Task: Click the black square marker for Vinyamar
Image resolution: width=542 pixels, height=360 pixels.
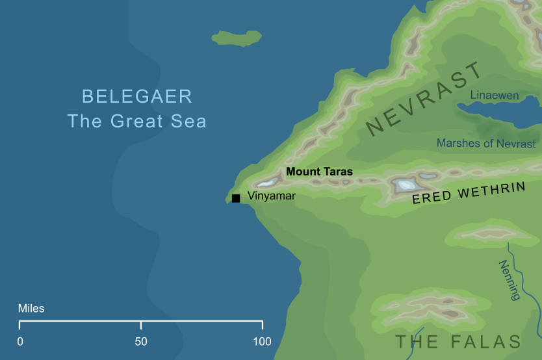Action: [236, 198]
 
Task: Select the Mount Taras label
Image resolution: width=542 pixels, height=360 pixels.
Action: [320, 172]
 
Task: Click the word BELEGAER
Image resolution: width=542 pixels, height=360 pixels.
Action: [137, 97]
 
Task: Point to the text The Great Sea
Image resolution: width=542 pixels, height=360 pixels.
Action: [137, 121]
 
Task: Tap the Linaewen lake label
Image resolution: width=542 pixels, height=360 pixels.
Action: [495, 96]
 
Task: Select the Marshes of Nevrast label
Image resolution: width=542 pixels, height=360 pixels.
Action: [486, 143]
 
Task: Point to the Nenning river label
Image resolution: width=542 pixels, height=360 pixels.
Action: [510, 280]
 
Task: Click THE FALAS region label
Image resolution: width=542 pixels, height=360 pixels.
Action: [458, 342]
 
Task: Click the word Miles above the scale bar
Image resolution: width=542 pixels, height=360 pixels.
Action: [31, 308]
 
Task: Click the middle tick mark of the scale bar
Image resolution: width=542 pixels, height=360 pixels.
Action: [141, 324]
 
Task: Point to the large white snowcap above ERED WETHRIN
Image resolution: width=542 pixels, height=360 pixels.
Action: [406, 185]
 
